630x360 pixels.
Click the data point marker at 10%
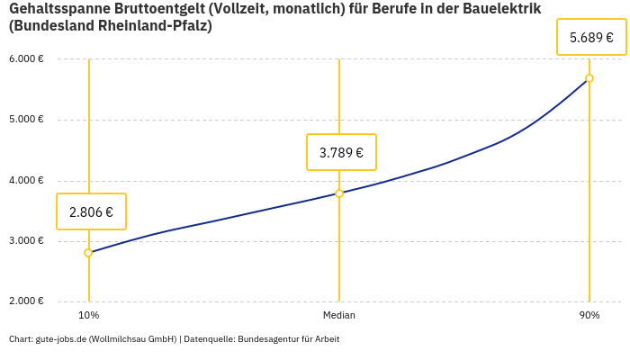tap(88, 253)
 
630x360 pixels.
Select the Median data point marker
tap(339, 193)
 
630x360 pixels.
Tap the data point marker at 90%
tap(589, 78)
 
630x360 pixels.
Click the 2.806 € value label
tap(91, 212)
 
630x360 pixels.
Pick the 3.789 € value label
tap(341, 152)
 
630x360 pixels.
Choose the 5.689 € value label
tap(591, 38)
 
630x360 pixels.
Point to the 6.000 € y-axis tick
tap(26, 59)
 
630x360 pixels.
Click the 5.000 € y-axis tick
tap(26, 120)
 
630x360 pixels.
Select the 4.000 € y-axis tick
tap(26, 181)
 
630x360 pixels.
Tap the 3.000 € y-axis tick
tap(26, 241)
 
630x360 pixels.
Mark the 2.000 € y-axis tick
tap(26, 301)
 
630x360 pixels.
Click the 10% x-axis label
tap(88, 316)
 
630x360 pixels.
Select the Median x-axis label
tap(339, 316)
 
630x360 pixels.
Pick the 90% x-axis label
tap(589, 316)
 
